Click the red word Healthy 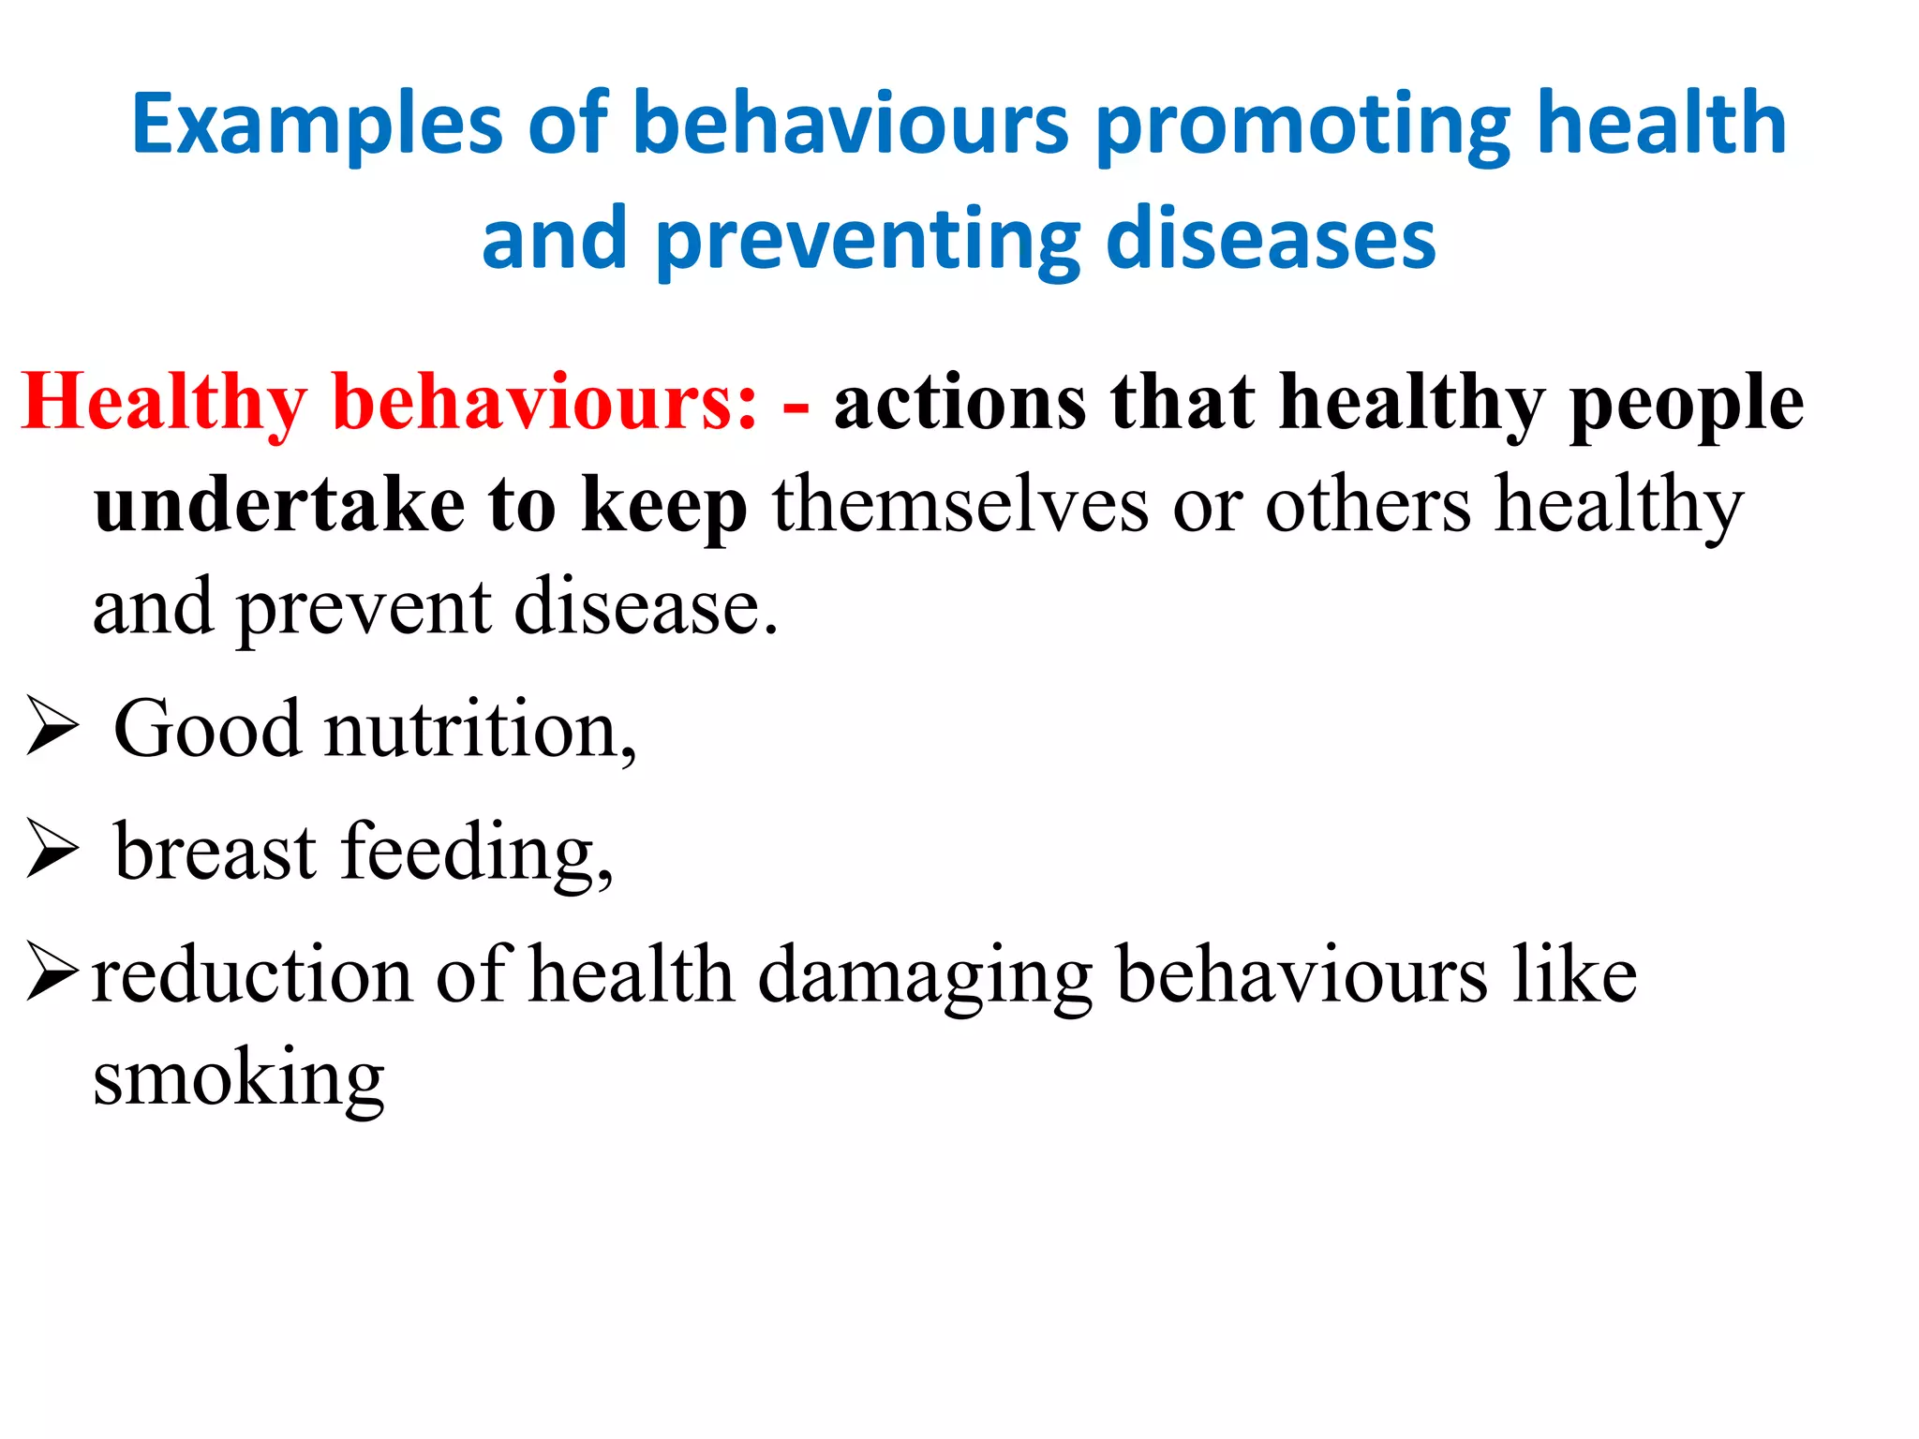pyautogui.click(x=165, y=403)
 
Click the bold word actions pyautogui.click(x=959, y=403)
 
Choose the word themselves pyautogui.click(x=960, y=506)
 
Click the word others pyautogui.click(x=1368, y=506)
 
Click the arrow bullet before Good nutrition pyautogui.click(x=52, y=725)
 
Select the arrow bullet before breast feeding pyautogui.click(x=52, y=849)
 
